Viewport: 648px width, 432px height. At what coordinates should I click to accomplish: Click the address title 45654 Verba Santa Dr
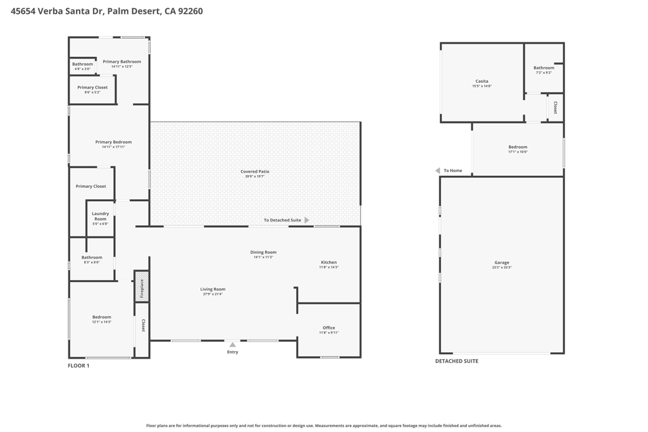pyautogui.click(x=106, y=11)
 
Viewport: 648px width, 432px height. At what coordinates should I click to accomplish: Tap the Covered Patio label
pyautogui.click(x=254, y=171)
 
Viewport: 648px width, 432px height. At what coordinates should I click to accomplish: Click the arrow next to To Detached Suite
pyautogui.click(x=307, y=220)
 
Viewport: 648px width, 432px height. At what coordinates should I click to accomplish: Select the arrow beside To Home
pyautogui.click(x=437, y=171)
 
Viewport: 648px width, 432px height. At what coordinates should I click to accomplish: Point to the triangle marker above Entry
pyautogui.click(x=232, y=345)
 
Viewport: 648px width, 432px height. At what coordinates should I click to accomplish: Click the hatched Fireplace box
pyautogui.click(x=142, y=287)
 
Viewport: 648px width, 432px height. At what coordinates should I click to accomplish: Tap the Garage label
pyautogui.click(x=501, y=262)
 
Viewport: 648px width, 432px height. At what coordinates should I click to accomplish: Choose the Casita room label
pyautogui.click(x=482, y=81)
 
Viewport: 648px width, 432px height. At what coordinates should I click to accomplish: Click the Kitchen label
pyautogui.click(x=328, y=262)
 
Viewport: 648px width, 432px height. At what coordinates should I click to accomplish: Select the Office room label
pyautogui.click(x=328, y=328)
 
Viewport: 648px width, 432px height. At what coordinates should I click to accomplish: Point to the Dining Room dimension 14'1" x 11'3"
pyautogui.click(x=263, y=257)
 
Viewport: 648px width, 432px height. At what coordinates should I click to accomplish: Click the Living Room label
pyautogui.click(x=213, y=289)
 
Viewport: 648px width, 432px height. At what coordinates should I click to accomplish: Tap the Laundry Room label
pyautogui.click(x=101, y=216)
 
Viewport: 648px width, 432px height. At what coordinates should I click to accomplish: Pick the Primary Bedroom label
pyautogui.click(x=113, y=142)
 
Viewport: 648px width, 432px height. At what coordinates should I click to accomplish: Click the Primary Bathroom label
pyautogui.click(x=121, y=61)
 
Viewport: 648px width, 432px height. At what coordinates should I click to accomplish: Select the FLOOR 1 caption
pyautogui.click(x=78, y=366)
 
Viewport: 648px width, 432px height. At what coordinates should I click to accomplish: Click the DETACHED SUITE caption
pyautogui.click(x=456, y=361)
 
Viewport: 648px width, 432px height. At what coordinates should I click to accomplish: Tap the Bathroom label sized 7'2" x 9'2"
pyautogui.click(x=544, y=68)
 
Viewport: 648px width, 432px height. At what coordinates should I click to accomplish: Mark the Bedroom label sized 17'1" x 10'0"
pyautogui.click(x=518, y=147)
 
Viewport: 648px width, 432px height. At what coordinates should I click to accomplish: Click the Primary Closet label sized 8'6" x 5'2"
pyautogui.click(x=92, y=87)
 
